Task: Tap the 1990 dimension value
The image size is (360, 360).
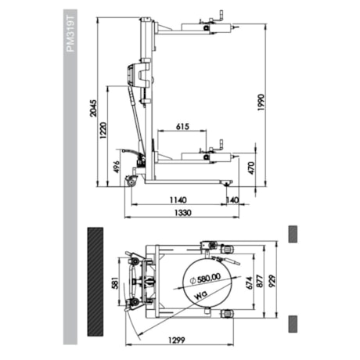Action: (261, 103)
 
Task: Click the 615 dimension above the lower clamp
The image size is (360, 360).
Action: (182, 125)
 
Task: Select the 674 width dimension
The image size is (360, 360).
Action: (250, 283)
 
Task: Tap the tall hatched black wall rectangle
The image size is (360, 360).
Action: (95, 279)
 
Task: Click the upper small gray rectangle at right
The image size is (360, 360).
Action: (294, 233)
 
